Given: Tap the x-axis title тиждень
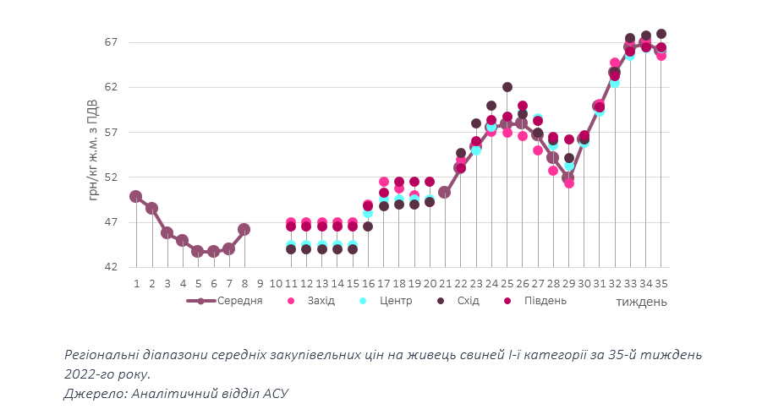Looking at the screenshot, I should (x=640, y=301).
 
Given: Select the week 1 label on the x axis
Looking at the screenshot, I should (x=136, y=283).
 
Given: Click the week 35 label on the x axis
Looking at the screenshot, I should (x=661, y=283).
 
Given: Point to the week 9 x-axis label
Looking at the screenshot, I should (x=260, y=283).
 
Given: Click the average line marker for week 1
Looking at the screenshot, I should (x=136, y=196).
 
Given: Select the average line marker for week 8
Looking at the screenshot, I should (x=244, y=229).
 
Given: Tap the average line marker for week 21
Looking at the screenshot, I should (x=445, y=192).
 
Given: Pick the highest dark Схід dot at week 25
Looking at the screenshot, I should (x=507, y=87).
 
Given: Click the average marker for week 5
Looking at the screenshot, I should (x=198, y=251).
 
